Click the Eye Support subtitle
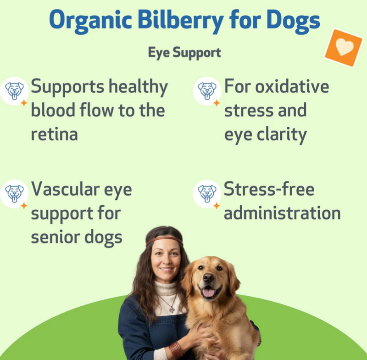tap(184, 52)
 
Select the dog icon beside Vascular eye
tap(14, 192)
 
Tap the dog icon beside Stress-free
tap(207, 192)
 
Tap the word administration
tap(282, 214)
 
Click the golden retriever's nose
tap(209, 278)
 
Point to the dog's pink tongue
tap(209, 292)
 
